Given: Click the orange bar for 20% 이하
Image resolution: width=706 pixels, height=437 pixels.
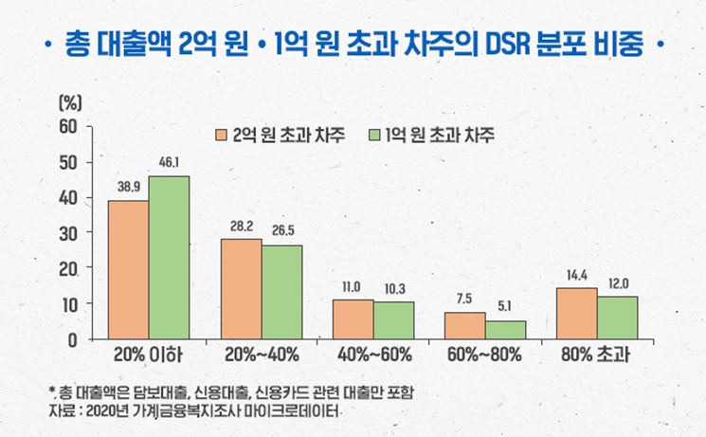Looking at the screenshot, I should [128, 269].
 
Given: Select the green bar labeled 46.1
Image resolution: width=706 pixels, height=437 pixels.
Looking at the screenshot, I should [169, 257].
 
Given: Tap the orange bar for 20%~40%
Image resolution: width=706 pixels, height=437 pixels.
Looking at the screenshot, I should [242, 288].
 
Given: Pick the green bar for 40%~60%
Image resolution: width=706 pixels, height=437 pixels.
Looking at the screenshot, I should [393, 319].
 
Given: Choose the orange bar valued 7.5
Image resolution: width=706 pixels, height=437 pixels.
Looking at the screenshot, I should [465, 325].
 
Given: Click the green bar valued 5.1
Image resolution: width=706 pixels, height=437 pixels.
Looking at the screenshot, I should [505, 329].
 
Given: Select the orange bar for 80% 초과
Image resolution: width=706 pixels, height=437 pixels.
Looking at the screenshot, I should [576, 313].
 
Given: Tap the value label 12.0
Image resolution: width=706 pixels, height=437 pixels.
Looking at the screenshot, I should [617, 283].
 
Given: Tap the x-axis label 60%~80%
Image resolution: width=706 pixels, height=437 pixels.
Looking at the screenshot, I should [484, 356].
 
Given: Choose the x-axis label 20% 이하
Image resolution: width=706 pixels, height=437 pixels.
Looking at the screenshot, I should [147, 356].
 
